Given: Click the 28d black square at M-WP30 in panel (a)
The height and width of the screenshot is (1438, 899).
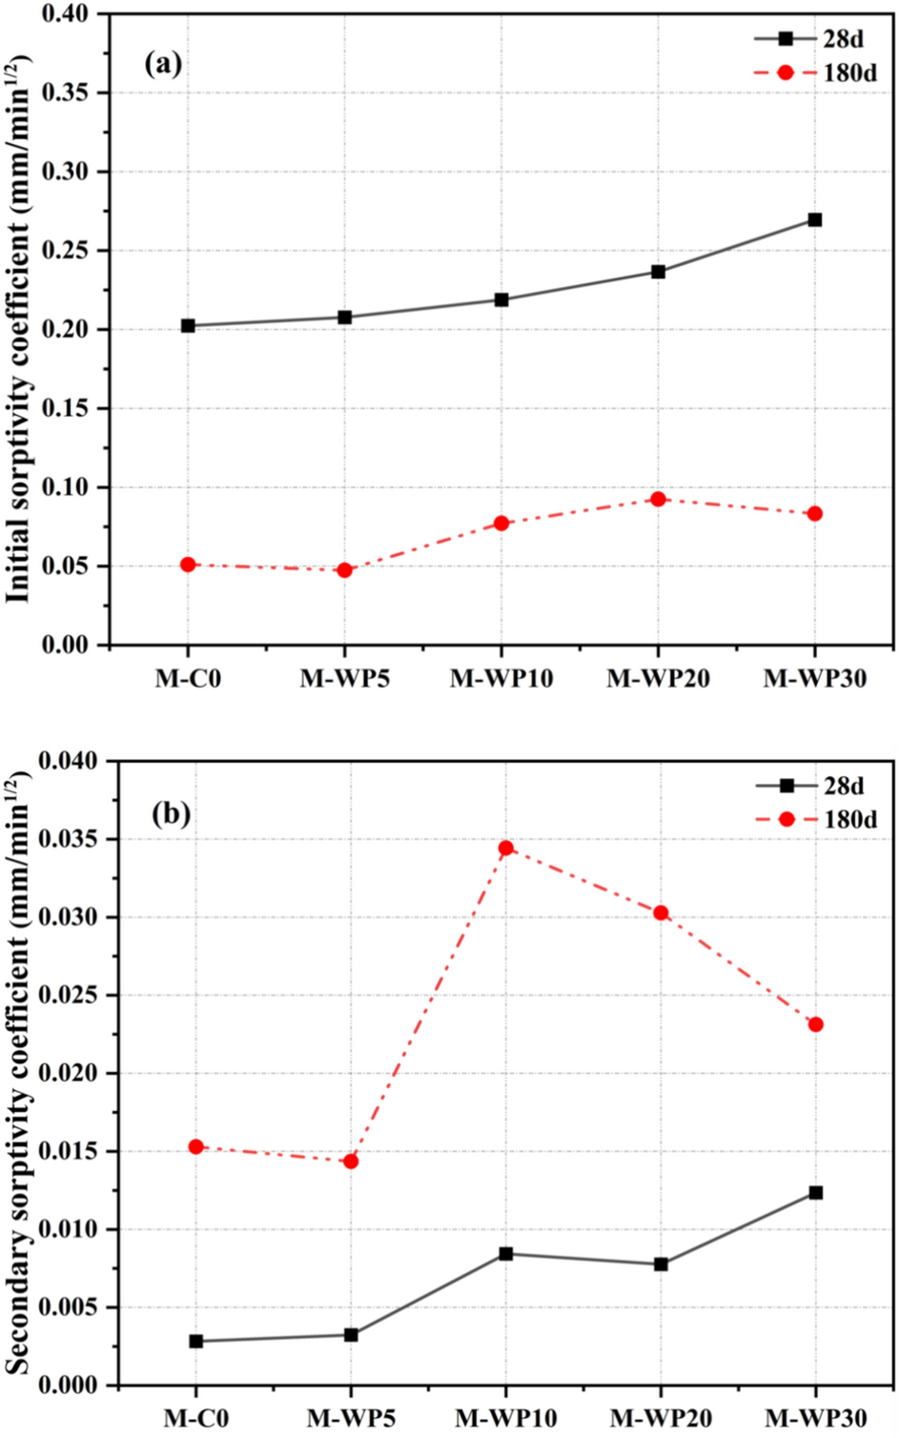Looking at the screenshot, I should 814,219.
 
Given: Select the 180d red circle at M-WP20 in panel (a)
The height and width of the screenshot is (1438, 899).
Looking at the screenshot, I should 658,499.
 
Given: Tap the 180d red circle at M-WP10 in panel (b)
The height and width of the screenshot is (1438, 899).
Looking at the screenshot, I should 505,848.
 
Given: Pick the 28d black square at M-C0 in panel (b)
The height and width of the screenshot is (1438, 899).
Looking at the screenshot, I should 195,1341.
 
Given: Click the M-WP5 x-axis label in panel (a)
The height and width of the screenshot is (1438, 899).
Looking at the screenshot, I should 344,678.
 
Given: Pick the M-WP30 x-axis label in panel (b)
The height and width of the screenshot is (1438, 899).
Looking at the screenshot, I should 815,1418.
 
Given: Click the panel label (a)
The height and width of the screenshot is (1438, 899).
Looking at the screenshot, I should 163,64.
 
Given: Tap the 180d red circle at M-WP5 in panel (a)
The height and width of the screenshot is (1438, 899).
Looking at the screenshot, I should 344,570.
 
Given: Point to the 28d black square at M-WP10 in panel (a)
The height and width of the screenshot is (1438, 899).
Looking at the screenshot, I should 501,299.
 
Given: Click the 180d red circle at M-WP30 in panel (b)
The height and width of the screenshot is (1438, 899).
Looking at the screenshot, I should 815,1024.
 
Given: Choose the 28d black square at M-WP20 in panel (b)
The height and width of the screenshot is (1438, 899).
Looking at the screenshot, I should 661,1263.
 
